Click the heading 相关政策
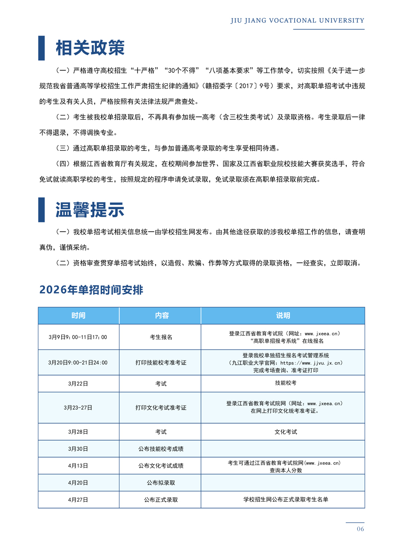[x=90, y=48]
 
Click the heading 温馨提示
[x=90, y=210]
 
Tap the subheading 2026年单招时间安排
[x=91, y=290]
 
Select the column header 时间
[x=78, y=315]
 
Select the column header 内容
[x=162, y=315]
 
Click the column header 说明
[x=283, y=315]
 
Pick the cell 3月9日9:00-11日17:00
[x=78, y=337]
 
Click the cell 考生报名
[x=161, y=337]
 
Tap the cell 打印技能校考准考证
[x=161, y=363]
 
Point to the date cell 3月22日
[x=78, y=384]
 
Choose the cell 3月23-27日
[x=78, y=408]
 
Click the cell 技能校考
[x=285, y=383]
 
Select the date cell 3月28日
[x=78, y=432]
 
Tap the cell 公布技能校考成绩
[x=161, y=449]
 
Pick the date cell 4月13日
[x=78, y=466]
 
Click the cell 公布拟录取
[x=161, y=483]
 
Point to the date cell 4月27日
[x=78, y=500]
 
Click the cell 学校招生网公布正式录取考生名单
[x=285, y=499]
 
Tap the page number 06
[x=360, y=529]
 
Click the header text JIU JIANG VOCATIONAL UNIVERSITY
[x=297, y=21]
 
